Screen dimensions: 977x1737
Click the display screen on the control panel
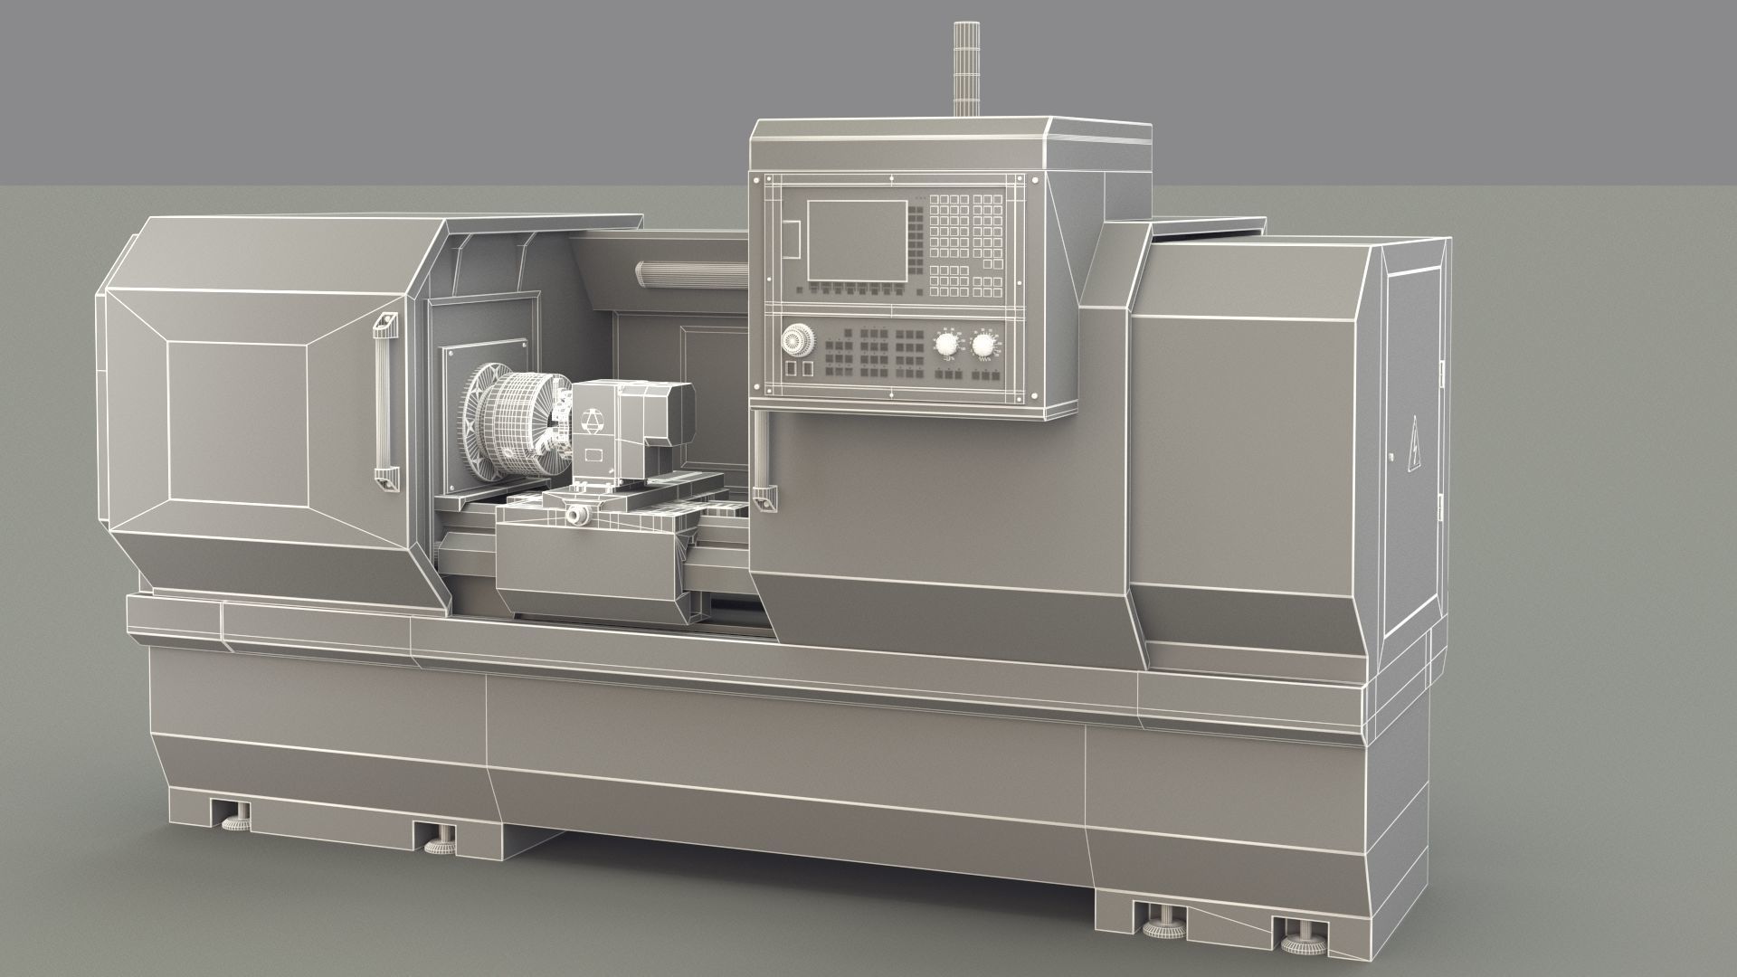point(857,240)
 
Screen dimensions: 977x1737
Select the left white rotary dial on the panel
point(947,344)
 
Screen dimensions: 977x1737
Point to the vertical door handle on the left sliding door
point(386,403)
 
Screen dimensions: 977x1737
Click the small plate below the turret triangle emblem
point(594,455)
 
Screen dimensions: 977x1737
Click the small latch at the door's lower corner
point(767,498)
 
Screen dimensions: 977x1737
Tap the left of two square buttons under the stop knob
point(788,368)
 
